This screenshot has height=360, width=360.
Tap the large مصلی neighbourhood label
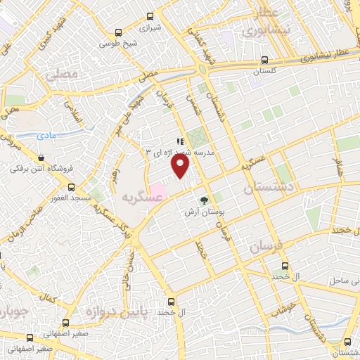[x=60, y=73]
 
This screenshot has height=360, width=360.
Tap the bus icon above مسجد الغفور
[x=72, y=187]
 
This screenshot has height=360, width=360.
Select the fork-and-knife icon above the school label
[x=181, y=141]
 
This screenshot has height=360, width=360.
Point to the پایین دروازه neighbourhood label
[x=111, y=310]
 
